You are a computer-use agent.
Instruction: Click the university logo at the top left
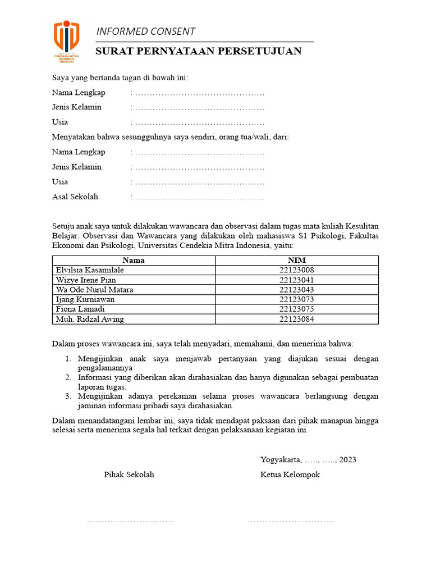(x=66, y=42)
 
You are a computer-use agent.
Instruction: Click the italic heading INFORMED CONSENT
(x=146, y=31)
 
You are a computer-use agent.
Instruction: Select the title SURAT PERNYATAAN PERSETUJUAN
(x=199, y=52)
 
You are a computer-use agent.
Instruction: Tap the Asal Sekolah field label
(x=75, y=197)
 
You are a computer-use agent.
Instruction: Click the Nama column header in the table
(x=134, y=261)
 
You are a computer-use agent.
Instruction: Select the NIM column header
(x=297, y=261)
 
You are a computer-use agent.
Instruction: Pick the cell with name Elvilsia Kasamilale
(x=90, y=270)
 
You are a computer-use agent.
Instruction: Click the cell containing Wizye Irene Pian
(x=86, y=280)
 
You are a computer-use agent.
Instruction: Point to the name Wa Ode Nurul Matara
(x=94, y=290)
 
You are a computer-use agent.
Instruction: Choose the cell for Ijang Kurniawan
(x=85, y=300)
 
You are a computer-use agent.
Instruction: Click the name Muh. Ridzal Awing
(x=90, y=319)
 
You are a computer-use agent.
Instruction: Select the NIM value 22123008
(x=297, y=270)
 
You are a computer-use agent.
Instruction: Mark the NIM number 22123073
(x=297, y=300)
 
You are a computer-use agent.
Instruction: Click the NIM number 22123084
(x=297, y=319)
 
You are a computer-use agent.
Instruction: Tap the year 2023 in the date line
(x=347, y=460)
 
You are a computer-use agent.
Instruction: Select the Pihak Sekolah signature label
(x=129, y=474)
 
